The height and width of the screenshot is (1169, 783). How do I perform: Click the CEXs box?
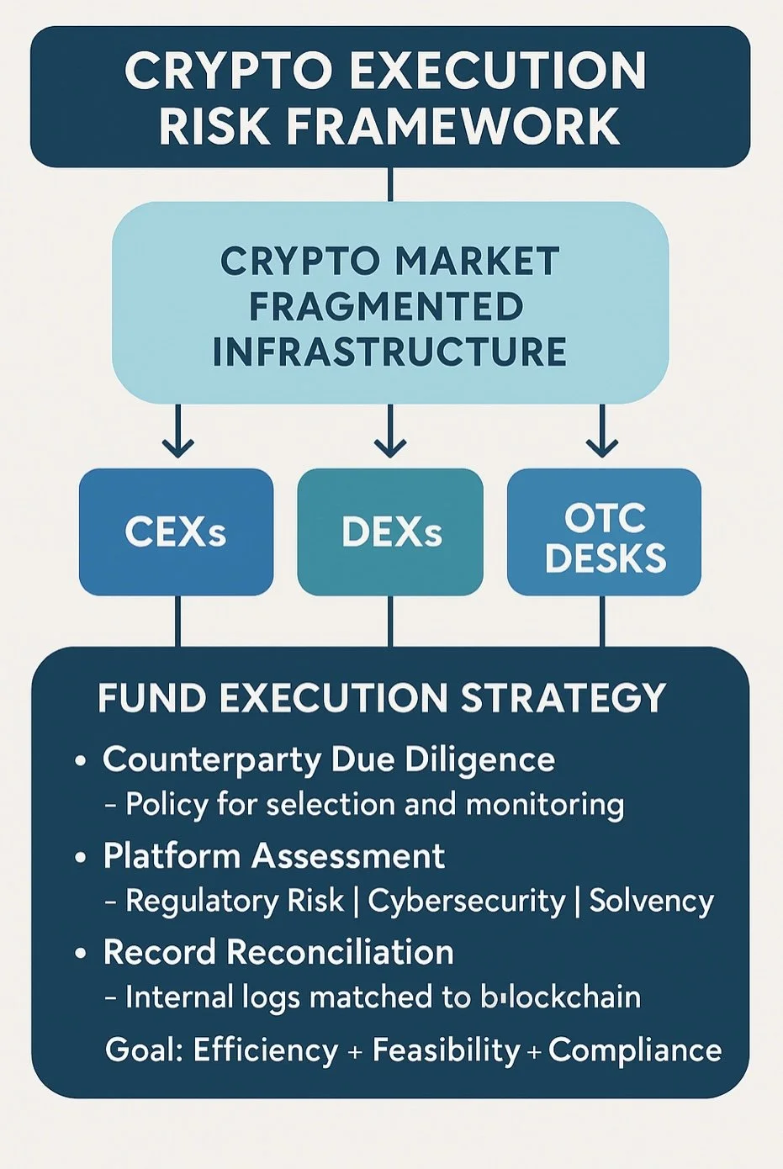click(176, 532)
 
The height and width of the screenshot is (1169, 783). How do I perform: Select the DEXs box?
click(390, 532)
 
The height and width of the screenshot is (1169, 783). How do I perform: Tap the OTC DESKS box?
click(604, 532)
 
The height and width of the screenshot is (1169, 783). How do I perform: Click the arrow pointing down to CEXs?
click(177, 433)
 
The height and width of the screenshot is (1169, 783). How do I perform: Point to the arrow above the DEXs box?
click(390, 433)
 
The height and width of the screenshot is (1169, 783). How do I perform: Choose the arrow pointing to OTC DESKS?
click(602, 433)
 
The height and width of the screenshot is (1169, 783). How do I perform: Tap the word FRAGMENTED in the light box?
click(386, 306)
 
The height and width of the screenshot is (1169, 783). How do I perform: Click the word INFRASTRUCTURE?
click(389, 352)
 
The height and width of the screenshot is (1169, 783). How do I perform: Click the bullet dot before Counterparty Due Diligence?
click(81, 761)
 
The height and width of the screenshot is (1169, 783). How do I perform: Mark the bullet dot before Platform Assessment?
click(81, 858)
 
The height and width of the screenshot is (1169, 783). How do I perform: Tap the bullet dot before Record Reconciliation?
click(81, 954)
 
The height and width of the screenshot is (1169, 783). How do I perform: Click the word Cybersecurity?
click(466, 902)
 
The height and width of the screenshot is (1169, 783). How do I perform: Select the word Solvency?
click(651, 902)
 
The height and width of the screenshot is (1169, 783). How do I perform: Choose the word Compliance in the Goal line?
click(635, 1050)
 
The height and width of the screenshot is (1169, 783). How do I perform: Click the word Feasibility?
click(446, 1050)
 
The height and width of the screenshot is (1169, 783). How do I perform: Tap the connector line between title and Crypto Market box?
click(390, 184)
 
